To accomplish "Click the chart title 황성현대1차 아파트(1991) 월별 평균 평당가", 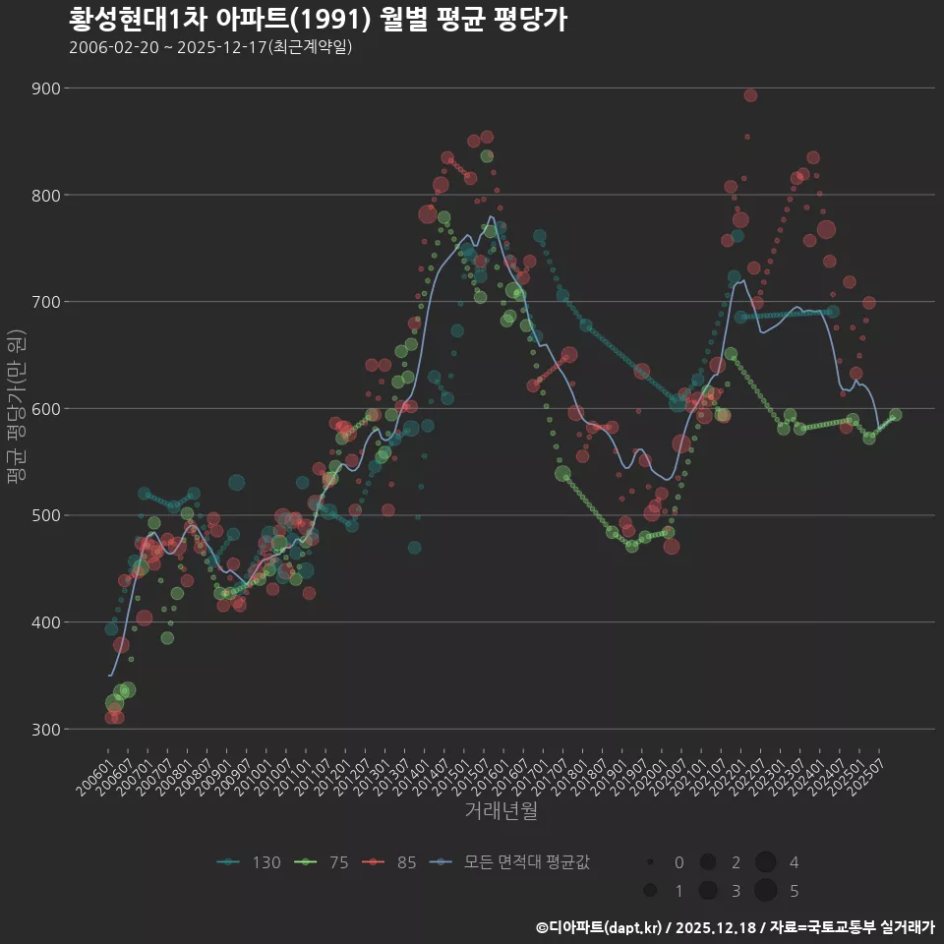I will pos(318,20).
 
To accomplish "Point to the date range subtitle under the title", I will pos(210,47).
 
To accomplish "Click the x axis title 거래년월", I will pos(501,811).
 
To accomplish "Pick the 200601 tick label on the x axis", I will pos(94,773).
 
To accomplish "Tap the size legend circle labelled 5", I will pos(766,891).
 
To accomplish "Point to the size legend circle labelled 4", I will pos(766,862).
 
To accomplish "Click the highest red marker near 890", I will pos(750,95).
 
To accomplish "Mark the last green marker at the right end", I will pos(895,415).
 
